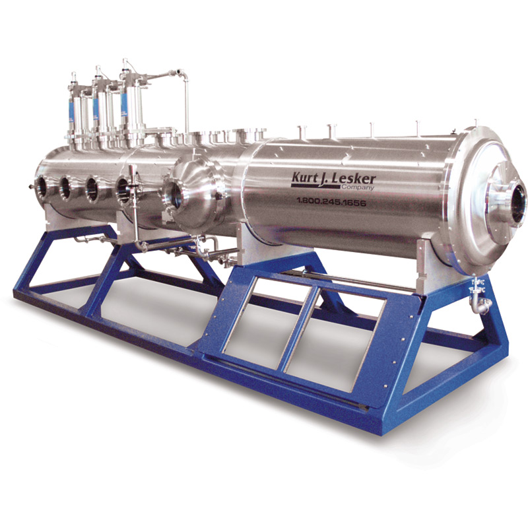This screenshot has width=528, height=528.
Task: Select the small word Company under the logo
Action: [360, 188]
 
